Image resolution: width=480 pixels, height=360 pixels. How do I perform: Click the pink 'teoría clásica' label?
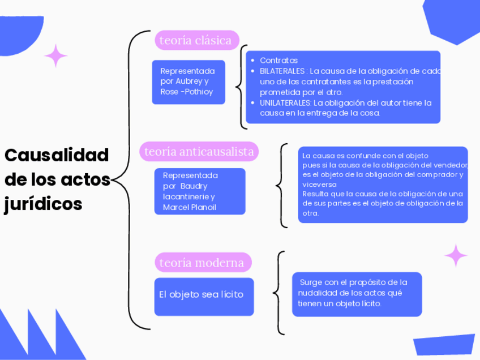[196, 40]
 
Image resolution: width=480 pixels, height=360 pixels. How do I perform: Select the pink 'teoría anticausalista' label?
[199, 151]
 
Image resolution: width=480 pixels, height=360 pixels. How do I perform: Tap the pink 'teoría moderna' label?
[202, 263]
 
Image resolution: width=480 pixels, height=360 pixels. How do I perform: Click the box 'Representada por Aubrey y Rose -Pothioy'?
[188, 82]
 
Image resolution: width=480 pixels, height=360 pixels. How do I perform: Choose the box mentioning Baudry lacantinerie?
[200, 191]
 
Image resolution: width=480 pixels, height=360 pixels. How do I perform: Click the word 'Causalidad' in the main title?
[57, 155]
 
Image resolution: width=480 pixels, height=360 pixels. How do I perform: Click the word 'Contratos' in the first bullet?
[278, 61]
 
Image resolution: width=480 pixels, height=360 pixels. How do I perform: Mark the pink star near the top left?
[55, 56]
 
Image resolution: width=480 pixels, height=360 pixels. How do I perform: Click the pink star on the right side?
[456, 255]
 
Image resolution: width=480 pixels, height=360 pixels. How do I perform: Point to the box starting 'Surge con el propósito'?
[357, 293]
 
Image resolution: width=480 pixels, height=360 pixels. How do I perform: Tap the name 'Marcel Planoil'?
[189, 207]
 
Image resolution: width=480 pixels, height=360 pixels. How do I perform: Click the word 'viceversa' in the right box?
[320, 185]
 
